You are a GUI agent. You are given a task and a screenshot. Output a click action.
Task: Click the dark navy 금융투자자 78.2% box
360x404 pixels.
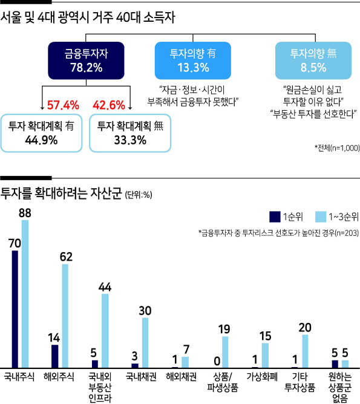pos(86,60)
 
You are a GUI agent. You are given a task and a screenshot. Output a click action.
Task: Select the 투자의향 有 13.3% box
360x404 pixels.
pos(193,60)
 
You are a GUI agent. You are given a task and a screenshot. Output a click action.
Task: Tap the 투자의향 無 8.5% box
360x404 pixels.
pos(313,60)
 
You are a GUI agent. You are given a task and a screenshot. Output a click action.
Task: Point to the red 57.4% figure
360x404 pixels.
pos(63,105)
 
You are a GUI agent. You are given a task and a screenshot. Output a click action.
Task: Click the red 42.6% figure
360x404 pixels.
pos(109,105)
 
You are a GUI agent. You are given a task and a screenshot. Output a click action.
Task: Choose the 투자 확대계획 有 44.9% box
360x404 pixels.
pos(42,133)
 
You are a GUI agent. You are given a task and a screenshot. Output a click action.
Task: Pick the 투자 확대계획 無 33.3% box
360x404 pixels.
pos(130,133)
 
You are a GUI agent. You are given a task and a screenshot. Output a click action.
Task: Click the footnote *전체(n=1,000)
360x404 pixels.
pos(337,148)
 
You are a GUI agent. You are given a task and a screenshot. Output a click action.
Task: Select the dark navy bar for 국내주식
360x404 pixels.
pos(15,309)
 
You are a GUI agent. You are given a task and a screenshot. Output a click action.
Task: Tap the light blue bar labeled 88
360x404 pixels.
pos(25,294)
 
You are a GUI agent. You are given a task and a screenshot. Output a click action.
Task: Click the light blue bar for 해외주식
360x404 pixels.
pos(65,316)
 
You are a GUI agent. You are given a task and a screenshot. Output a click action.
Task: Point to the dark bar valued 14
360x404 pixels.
pos(55,356)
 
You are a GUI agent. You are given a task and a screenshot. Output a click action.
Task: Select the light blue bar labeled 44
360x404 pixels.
pos(105,331)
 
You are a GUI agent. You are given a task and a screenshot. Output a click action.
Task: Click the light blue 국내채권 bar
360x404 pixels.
pos(145,343)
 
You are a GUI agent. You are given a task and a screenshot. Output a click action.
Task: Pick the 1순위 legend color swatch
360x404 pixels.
pos(275,217)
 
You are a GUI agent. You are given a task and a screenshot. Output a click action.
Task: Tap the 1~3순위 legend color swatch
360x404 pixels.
pos(321,217)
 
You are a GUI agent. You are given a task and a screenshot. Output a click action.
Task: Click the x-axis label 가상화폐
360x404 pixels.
pos(262,377)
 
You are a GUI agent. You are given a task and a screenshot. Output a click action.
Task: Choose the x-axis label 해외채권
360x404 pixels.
pos(181,377)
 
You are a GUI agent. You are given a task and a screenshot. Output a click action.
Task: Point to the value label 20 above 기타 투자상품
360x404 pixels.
pos(305,328)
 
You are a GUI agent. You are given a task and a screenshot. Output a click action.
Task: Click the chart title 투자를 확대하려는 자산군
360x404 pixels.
pos(61,194)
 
